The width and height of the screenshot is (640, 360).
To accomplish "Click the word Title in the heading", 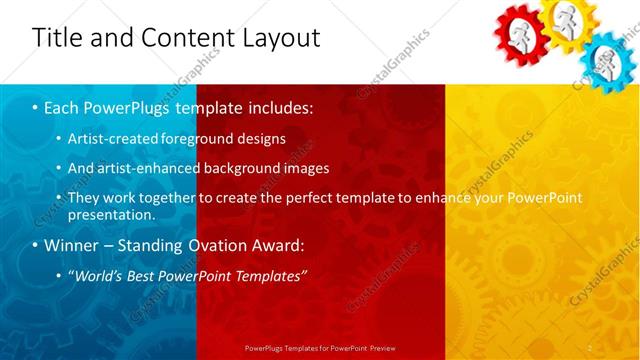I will click(x=57, y=38).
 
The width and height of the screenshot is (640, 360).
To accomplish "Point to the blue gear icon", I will click(x=610, y=60).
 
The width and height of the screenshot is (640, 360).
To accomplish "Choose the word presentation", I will click(x=111, y=215).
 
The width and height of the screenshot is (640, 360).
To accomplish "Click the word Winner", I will click(x=73, y=245).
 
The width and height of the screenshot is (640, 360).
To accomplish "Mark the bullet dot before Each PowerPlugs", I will click(x=36, y=105).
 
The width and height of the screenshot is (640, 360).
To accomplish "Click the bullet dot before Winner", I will click(x=36, y=245).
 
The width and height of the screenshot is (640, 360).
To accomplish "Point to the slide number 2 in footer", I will click(x=590, y=347).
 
